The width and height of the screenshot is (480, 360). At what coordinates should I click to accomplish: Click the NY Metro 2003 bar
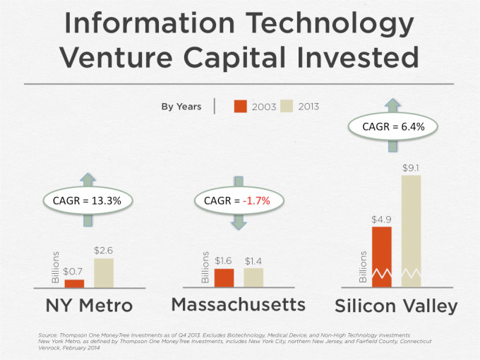coord(74,283)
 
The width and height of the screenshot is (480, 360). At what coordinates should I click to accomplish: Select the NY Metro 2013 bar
coord(104,272)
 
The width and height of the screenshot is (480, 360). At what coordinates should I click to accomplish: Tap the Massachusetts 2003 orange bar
coord(224,277)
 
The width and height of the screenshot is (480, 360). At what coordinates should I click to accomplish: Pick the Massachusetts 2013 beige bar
coord(253,277)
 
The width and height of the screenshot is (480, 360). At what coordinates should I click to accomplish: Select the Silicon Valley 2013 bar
coord(411,231)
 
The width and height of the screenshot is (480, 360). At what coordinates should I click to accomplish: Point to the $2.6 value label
coord(104,250)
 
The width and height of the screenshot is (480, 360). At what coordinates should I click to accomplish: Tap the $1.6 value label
coord(224,261)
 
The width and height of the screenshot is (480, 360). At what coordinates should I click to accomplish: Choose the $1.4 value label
coord(253,261)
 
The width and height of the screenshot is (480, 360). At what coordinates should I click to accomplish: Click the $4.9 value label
coord(381,220)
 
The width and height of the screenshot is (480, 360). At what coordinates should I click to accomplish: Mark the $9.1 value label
coord(411,168)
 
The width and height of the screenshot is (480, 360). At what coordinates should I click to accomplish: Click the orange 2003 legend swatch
coord(240,107)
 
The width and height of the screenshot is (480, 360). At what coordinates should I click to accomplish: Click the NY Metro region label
coord(90,306)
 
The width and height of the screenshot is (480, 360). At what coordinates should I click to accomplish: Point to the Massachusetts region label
coord(239,305)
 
